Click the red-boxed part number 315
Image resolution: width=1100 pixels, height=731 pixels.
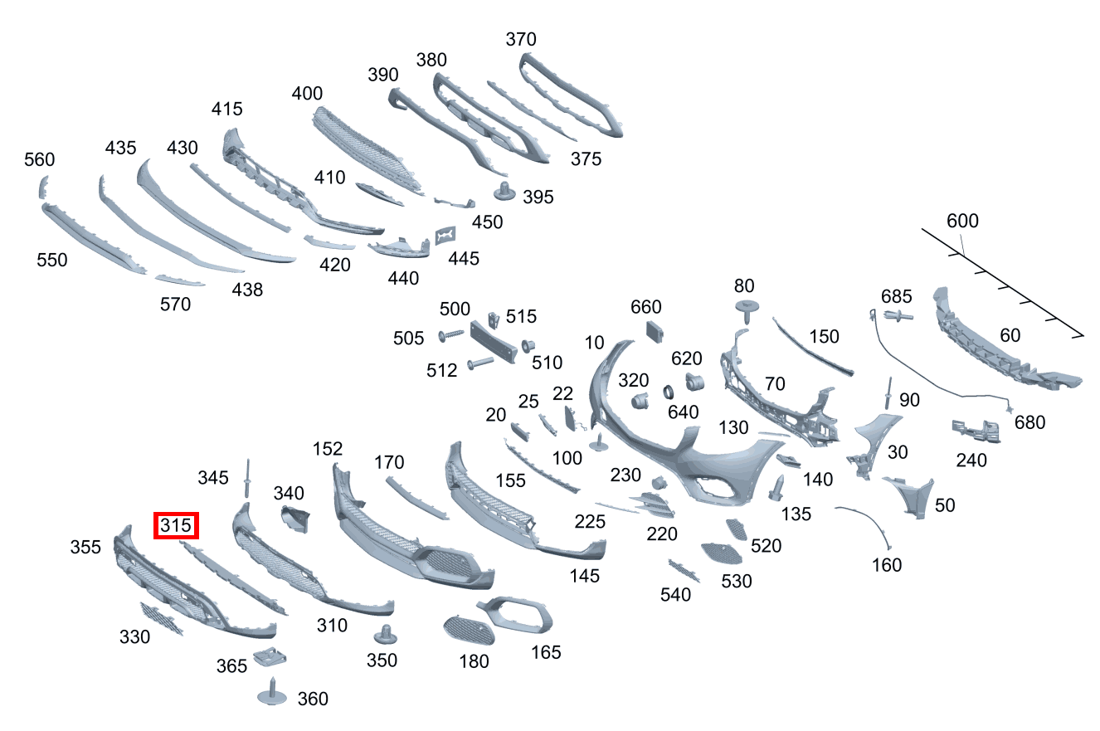[176, 525]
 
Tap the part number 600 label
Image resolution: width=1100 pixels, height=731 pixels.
[962, 221]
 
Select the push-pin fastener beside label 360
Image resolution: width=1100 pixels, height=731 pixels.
[272, 693]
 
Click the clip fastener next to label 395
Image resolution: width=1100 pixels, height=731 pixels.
[504, 191]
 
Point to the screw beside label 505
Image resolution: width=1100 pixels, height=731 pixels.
[450, 335]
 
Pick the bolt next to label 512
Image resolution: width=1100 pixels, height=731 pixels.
[480, 363]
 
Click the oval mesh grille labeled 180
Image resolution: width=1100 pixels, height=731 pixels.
[469, 631]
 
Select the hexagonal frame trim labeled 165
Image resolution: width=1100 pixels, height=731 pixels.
[516, 615]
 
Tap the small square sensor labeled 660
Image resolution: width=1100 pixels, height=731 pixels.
[655, 332]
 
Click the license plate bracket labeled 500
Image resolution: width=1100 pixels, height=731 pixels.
[494, 342]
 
